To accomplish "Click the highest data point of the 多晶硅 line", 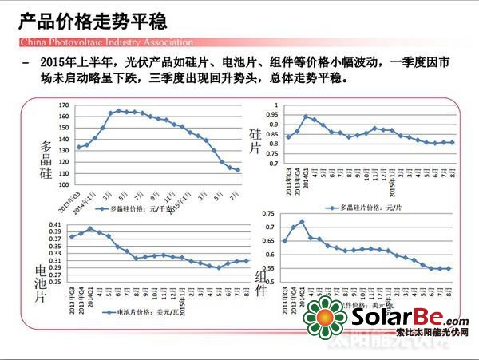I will [x=118, y=111].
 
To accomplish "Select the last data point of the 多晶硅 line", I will [x=237, y=169].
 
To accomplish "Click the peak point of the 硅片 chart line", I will [x=306, y=117].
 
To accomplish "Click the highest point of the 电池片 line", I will [x=90, y=229].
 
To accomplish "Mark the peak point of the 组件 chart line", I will [x=302, y=222].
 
